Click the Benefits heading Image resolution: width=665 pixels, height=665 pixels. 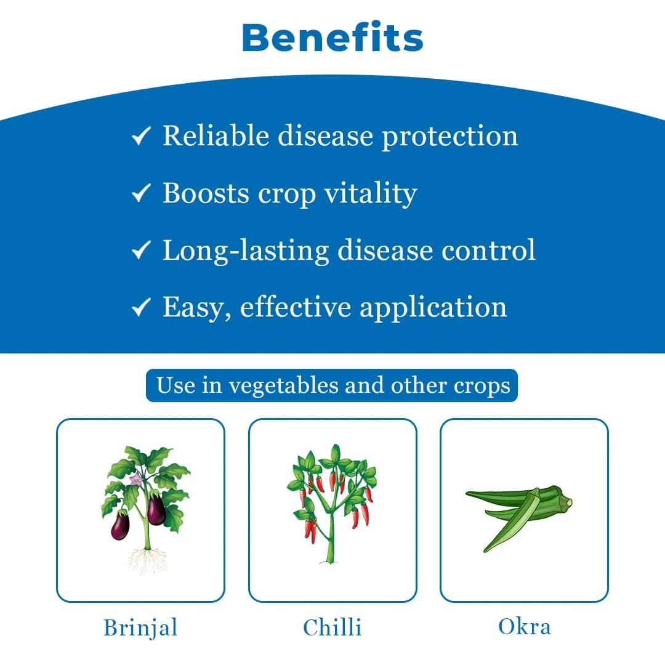pyautogui.click(x=332, y=38)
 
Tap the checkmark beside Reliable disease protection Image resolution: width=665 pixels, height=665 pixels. pyautogui.click(x=142, y=137)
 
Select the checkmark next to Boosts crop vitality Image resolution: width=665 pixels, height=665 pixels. pyautogui.click(x=142, y=195)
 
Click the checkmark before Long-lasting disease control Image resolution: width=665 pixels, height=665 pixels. pyautogui.click(x=142, y=250)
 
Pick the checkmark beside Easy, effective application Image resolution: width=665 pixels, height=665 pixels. pyautogui.click(x=142, y=307)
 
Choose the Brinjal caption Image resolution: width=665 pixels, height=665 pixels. pyautogui.click(x=140, y=627)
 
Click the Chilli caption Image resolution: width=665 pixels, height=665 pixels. pyautogui.click(x=332, y=627)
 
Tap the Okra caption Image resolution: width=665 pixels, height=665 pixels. pyautogui.click(x=525, y=626)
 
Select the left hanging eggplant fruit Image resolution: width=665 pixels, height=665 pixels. pyautogui.click(x=119, y=526)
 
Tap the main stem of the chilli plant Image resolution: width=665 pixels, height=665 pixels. pyautogui.click(x=331, y=536)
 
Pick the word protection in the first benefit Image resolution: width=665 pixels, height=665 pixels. pyautogui.click(x=450, y=136)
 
